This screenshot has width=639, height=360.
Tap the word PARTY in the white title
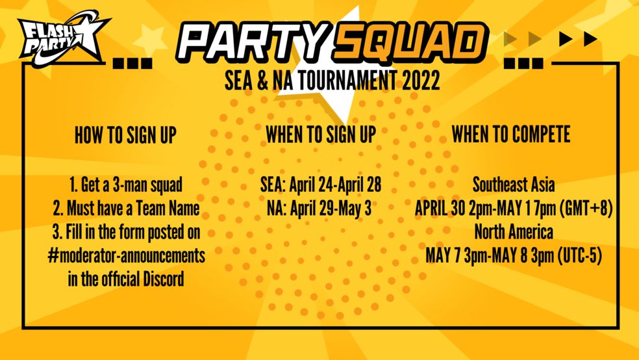[x=253, y=42]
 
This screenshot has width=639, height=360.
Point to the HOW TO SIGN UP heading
[x=125, y=135]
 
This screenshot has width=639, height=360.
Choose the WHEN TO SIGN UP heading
[x=321, y=135]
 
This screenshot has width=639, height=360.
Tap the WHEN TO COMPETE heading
[x=510, y=134]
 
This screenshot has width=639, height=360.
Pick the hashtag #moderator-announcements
[x=126, y=255]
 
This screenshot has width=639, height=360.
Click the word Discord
[x=163, y=279]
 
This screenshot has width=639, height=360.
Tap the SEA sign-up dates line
[x=321, y=185]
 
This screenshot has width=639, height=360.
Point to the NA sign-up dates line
[x=319, y=209]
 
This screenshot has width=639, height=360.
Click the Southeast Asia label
[x=514, y=185]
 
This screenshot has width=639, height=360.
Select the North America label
[x=514, y=232]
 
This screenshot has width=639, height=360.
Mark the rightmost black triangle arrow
[x=590, y=39]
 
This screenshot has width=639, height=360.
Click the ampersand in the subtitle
[x=262, y=81]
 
